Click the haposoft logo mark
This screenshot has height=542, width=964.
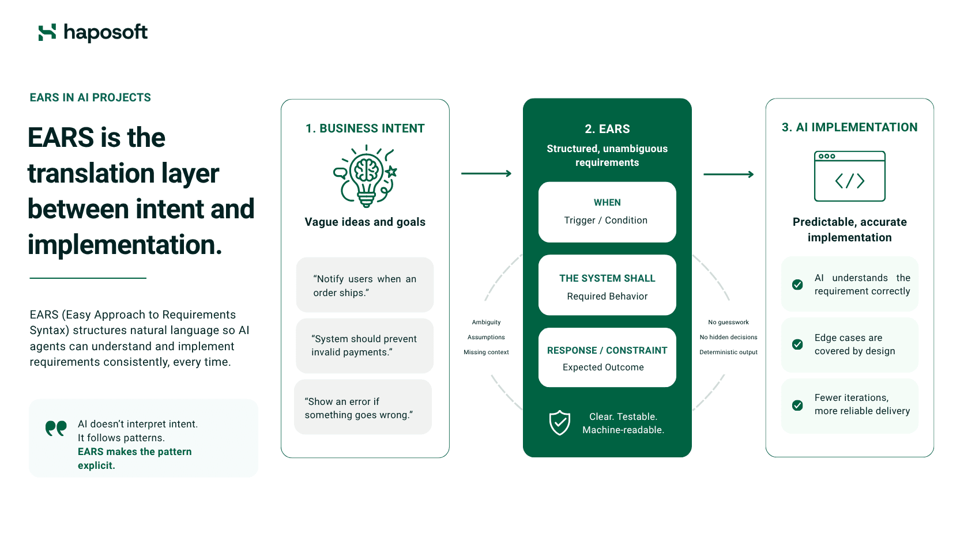coord(47,33)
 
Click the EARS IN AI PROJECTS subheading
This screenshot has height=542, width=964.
coord(91,97)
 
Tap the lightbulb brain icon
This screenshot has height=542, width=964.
coord(366,176)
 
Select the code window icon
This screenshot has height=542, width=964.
coord(849,176)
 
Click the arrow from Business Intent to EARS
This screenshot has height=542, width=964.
coord(486,173)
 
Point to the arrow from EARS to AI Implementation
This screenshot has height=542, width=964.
coord(729,174)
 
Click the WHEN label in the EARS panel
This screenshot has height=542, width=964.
coord(607,202)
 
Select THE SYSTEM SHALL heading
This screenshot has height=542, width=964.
coord(607,279)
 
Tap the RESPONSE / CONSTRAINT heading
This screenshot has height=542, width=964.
coord(607,350)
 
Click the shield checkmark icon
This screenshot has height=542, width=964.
coord(559,423)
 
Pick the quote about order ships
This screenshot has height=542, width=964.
coord(364,286)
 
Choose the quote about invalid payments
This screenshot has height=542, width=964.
coord(364,346)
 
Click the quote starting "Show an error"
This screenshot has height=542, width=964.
coord(359,408)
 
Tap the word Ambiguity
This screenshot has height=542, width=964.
coord(486,323)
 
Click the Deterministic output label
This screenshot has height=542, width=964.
coord(729,352)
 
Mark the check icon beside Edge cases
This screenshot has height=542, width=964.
coord(797,344)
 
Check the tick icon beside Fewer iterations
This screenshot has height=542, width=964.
coord(797,405)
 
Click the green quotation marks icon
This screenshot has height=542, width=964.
coord(56,428)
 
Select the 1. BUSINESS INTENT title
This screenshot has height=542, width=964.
coord(365,128)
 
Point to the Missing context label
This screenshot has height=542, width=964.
coord(486,352)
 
